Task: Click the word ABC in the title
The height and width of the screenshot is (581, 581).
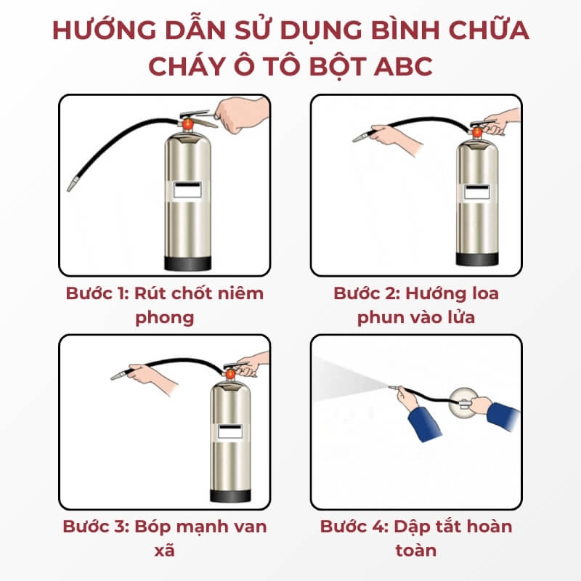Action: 403,66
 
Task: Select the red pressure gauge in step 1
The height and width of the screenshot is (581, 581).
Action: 188,124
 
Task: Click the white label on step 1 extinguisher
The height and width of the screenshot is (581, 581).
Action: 188,190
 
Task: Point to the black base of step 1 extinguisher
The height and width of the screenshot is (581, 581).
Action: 188,263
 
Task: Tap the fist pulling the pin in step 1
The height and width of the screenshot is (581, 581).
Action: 242,114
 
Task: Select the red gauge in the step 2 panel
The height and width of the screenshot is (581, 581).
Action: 477,132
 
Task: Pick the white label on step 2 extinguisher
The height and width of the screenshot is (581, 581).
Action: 477,192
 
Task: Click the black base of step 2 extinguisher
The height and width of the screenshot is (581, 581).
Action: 477,259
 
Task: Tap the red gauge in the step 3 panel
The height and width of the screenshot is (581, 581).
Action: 230,374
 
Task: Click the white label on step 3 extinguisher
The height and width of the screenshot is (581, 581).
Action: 230,431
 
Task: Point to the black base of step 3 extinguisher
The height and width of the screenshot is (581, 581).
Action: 230,496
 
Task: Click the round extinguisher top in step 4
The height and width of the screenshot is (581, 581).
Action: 463,401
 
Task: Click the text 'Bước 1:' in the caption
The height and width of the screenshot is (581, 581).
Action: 97,293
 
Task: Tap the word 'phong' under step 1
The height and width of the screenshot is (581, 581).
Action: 165,318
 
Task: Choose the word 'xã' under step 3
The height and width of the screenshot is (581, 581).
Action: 165,550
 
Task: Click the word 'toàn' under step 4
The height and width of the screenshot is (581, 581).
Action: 415,550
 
